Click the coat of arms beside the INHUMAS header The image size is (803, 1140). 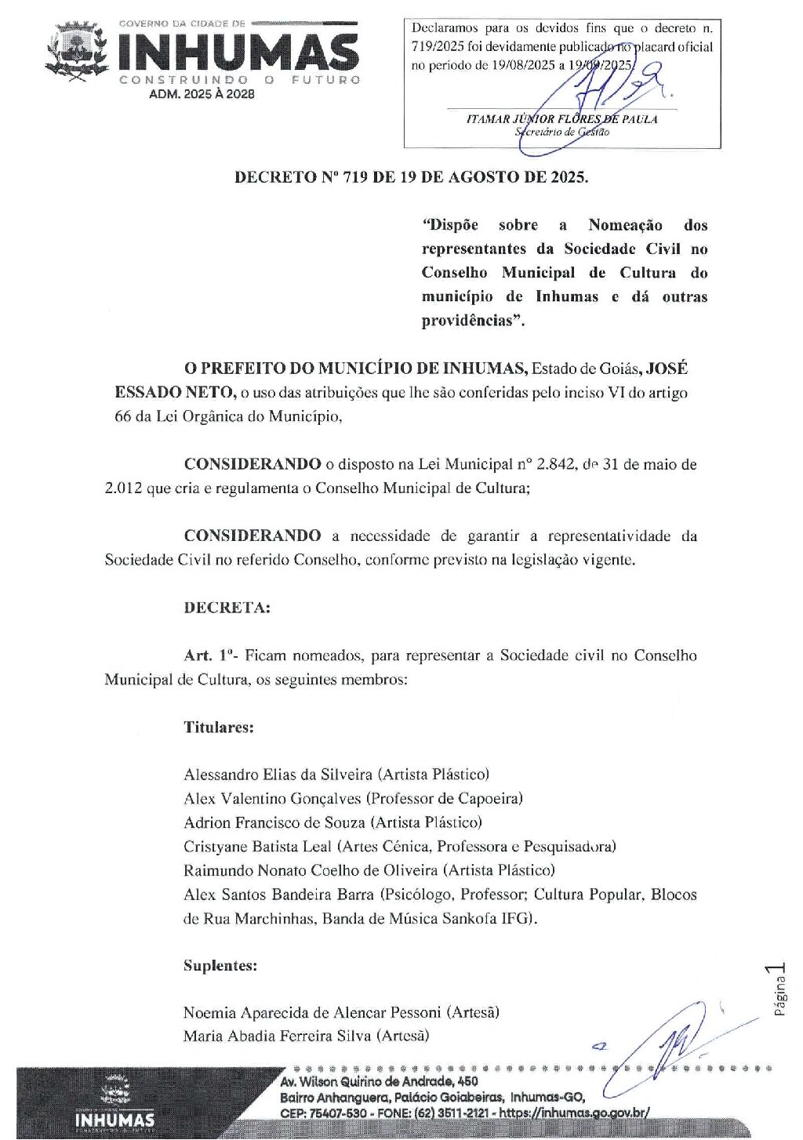pyautogui.click(x=76, y=52)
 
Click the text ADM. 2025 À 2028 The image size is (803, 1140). pyautogui.click(x=202, y=94)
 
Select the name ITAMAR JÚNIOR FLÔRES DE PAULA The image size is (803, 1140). pyautogui.click(x=561, y=119)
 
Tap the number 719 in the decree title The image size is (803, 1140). pyautogui.click(x=356, y=177)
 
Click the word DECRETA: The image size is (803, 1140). pyautogui.click(x=227, y=608)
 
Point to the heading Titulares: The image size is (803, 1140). pyautogui.click(x=219, y=727)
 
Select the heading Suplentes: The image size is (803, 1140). pyautogui.click(x=220, y=965)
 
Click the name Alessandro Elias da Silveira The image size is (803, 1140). pyautogui.click(x=278, y=775)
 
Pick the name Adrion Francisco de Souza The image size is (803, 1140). pyautogui.click(x=274, y=822)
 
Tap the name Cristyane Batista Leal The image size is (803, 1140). pyautogui.click(x=258, y=847)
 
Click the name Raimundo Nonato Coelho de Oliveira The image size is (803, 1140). pyautogui.click(x=311, y=870)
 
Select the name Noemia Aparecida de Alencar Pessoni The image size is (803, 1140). pyautogui.click(x=312, y=1012)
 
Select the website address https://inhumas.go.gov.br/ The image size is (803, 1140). pyautogui.click(x=574, y=1113)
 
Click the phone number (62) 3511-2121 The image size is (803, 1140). pyautogui.click(x=445, y=1113)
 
